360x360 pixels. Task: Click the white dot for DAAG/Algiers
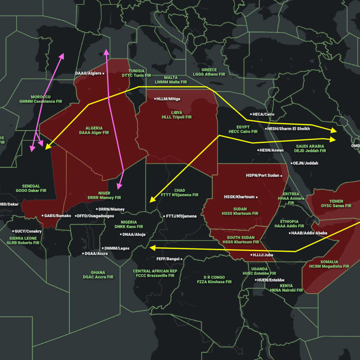coord(103,73)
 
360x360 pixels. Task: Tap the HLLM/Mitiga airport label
coord(169,99)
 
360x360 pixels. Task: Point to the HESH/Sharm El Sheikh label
coord(289,129)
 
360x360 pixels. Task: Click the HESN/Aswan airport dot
coord(258,150)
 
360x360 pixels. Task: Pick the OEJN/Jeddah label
coord(307,163)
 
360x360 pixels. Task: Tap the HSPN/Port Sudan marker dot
coord(282,176)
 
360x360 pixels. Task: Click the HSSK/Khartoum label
coord(239,197)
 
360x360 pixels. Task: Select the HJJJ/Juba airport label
coord(263,255)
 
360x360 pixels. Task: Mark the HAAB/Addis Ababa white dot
coord(289,233)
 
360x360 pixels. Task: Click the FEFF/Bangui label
coord(168,259)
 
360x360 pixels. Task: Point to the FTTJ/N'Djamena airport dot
coord(164,216)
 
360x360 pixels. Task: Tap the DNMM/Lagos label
coord(117,248)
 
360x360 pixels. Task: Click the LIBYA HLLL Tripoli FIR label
coord(176,115)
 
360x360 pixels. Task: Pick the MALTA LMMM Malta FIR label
coord(171,80)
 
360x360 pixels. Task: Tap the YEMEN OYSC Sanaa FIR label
coord(336,203)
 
